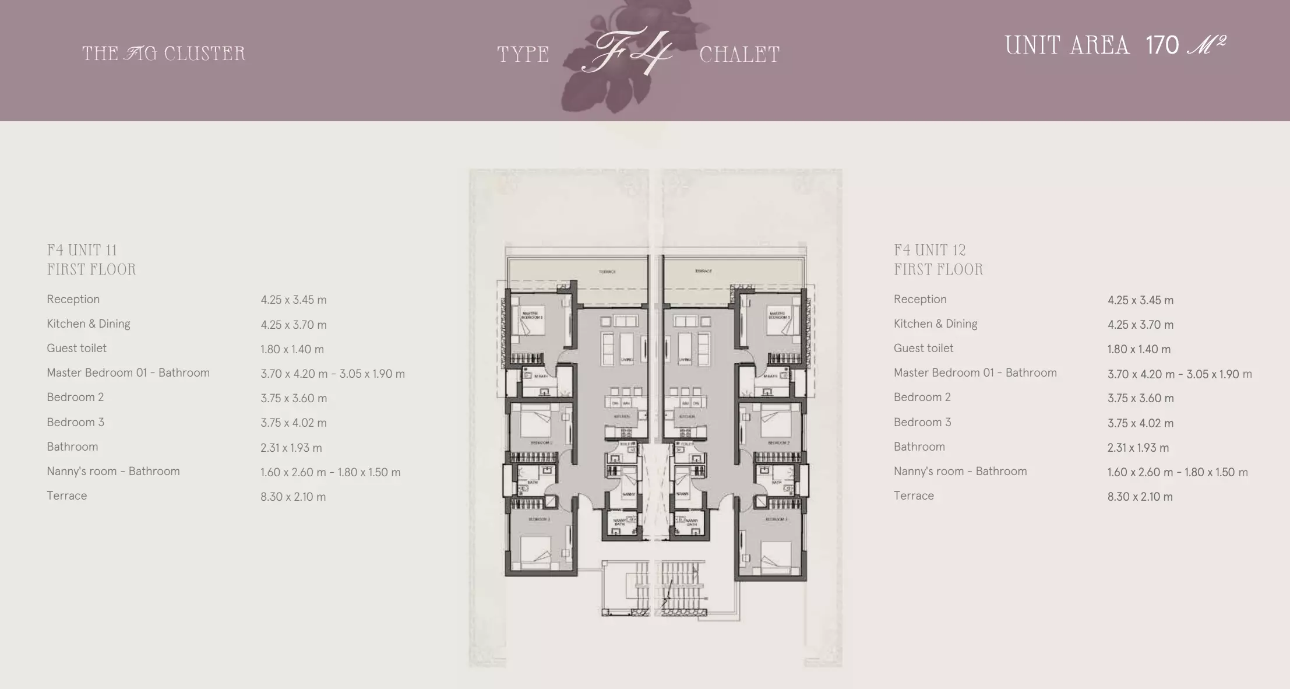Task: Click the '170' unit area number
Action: pyautogui.click(x=1162, y=45)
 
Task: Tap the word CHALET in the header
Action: pyautogui.click(x=739, y=55)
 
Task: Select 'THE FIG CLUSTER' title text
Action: pyautogui.click(x=164, y=54)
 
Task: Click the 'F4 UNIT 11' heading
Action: pyautogui.click(x=82, y=251)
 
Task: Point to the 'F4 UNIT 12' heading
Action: pyautogui.click(x=930, y=251)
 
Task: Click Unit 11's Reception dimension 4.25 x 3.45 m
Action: pyautogui.click(x=294, y=300)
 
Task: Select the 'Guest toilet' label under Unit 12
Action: pyautogui.click(x=924, y=349)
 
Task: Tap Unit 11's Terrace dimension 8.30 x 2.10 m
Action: pyautogui.click(x=293, y=497)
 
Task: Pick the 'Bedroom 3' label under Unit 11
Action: pyautogui.click(x=75, y=422)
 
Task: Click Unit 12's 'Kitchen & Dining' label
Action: pyautogui.click(x=935, y=324)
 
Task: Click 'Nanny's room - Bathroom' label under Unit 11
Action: pyautogui.click(x=113, y=472)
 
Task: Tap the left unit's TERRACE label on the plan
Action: pyautogui.click(x=607, y=272)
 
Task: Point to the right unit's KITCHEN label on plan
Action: pyautogui.click(x=687, y=417)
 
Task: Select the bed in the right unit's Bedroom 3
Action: pyautogui.click(x=774, y=554)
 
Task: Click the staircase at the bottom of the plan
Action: pyautogui.click(x=655, y=586)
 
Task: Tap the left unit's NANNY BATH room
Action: pyautogui.click(x=619, y=523)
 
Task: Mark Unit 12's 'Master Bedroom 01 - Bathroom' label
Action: pyautogui.click(x=975, y=373)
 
